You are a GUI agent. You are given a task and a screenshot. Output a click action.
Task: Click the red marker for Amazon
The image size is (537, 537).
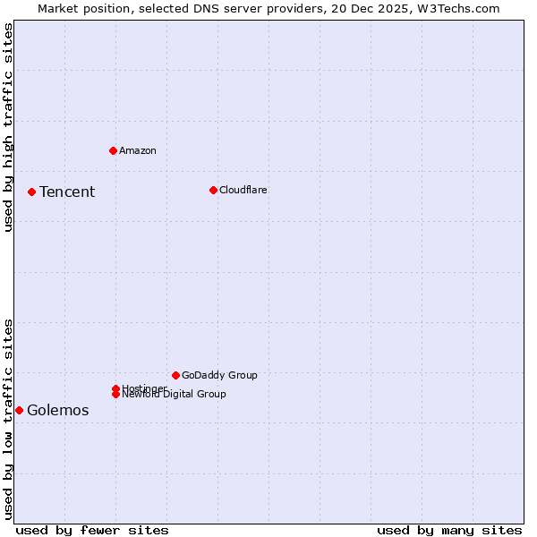(x=113, y=150)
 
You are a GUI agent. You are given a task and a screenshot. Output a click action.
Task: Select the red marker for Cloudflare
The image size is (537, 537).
(x=213, y=190)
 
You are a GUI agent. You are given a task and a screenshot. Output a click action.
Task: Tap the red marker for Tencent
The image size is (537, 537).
(x=31, y=192)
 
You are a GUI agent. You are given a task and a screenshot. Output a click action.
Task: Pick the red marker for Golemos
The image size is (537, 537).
(x=19, y=410)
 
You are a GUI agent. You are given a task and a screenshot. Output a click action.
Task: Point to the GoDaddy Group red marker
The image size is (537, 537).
(x=175, y=375)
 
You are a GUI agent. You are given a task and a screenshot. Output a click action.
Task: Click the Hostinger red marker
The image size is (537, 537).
(x=115, y=388)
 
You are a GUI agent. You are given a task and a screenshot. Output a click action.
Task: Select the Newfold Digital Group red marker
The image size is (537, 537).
(x=115, y=394)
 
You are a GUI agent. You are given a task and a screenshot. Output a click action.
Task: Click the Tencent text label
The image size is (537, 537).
(x=67, y=192)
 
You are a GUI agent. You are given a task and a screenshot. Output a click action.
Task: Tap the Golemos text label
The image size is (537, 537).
(x=58, y=410)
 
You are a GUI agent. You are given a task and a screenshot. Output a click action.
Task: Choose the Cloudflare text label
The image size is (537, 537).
(x=243, y=190)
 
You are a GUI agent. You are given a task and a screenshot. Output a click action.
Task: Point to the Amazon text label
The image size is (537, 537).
(x=138, y=150)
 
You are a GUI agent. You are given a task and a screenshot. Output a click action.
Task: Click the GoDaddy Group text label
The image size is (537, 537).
(x=219, y=375)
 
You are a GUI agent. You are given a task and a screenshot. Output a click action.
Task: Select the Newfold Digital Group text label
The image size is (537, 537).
(x=175, y=395)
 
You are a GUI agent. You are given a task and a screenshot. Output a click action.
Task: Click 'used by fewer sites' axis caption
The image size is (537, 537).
(x=92, y=530)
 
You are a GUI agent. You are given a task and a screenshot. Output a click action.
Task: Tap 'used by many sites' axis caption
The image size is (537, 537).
(x=449, y=530)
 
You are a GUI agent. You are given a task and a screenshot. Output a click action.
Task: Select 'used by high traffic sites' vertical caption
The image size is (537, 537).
(x=8, y=127)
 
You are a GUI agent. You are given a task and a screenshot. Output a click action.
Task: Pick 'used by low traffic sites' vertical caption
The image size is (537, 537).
(x=8, y=419)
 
